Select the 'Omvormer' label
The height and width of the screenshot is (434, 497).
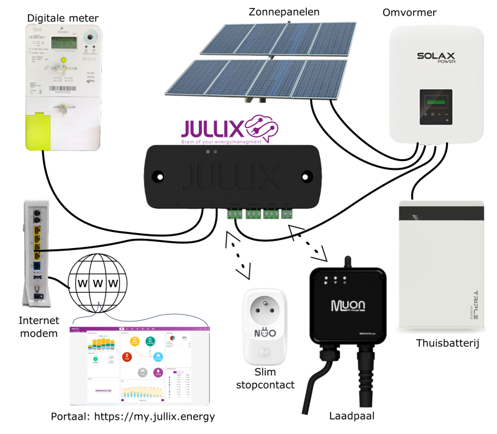(x=411, y=13)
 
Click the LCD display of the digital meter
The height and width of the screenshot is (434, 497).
(x=63, y=44)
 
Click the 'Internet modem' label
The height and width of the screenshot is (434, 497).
(x=39, y=327)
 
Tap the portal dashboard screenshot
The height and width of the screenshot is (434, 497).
(x=139, y=363)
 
